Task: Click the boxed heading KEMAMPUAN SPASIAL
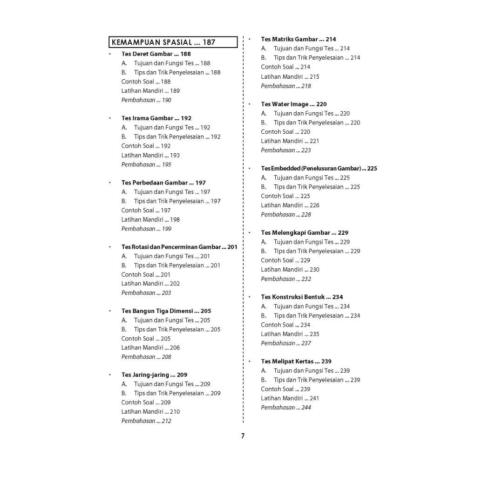click(x=173, y=42)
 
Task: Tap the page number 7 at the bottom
click(x=243, y=436)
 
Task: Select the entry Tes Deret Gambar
click(x=156, y=54)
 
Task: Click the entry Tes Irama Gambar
click(x=156, y=118)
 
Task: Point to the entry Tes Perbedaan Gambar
click(x=164, y=183)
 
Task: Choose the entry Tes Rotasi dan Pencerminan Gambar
click(x=179, y=247)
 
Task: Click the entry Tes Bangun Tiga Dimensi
click(x=166, y=311)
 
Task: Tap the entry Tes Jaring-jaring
click(x=154, y=375)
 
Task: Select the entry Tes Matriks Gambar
click(x=298, y=39)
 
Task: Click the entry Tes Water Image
click(x=293, y=104)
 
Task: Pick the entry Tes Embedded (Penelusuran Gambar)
click(x=319, y=169)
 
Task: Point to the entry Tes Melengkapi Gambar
click(x=305, y=233)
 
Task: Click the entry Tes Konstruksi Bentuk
click(x=302, y=297)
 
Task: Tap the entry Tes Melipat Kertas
click(x=296, y=361)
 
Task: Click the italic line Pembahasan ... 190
click(x=146, y=100)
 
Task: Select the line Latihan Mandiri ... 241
click(x=290, y=398)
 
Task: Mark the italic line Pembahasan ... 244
click(x=286, y=408)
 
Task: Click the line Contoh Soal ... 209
click(x=146, y=402)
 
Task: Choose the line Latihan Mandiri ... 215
click(x=290, y=77)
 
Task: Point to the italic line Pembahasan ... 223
click(x=286, y=150)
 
